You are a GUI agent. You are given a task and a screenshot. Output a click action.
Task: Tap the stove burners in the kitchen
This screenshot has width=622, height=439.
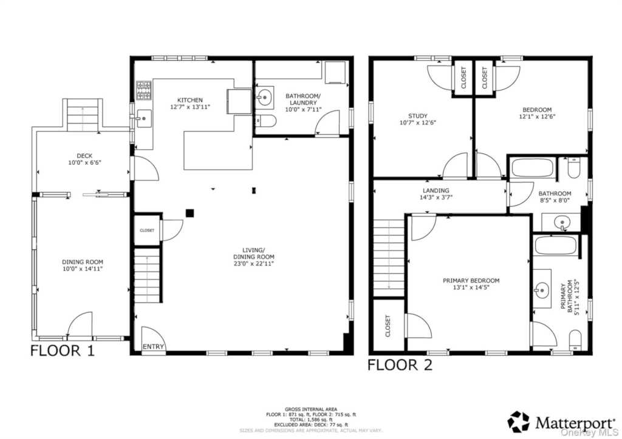click(x=143, y=90)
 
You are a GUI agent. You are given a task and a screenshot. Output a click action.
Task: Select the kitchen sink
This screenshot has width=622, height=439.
click(x=142, y=118)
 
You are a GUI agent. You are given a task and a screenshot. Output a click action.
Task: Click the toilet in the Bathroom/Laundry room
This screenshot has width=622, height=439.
click(x=267, y=121)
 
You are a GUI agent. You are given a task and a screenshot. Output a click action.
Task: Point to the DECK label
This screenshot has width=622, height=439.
click(x=84, y=155)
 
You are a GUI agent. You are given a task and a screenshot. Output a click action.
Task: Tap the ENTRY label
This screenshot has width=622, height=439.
click(x=153, y=347)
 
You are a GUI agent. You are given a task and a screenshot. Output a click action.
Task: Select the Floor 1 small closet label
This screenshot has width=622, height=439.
click(x=147, y=230)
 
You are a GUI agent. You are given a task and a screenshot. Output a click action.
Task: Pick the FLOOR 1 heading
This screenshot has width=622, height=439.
click(x=63, y=350)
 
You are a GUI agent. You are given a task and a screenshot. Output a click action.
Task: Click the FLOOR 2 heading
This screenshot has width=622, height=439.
click(x=400, y=364)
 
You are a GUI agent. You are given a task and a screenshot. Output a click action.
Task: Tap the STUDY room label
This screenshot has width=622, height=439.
click(x=417, y=116)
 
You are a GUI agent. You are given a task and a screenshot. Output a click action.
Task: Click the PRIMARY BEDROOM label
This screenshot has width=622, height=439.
click(x=471, y=281)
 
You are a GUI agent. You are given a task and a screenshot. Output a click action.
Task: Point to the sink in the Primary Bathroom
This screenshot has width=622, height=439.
click(x=541, y=290)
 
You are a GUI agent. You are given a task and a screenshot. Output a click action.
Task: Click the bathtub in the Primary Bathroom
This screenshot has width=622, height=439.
click(x=555, y=246)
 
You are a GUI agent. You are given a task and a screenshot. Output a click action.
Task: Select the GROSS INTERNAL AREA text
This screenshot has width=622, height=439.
click(x=310, y=409)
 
